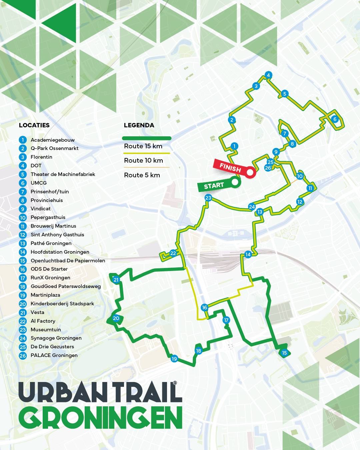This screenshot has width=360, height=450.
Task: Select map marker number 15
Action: [x=284, y=353]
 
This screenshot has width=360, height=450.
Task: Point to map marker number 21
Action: [x=116, y=280]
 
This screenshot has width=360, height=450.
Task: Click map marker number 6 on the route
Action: [x=335, y=119]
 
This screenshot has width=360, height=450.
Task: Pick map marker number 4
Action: [x=268, y=75]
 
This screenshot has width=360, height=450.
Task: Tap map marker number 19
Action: [x=174, y=359]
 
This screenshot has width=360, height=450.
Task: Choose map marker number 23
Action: [x=208, y=198]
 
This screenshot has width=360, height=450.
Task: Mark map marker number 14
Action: [x=248, y=255]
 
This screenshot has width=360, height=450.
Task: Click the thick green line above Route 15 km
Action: [x=147, y=138]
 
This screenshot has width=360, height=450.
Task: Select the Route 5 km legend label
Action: [x=142, y=175]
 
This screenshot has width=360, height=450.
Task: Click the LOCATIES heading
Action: [x=34, y=125]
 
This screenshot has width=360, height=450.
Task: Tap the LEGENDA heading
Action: [x=139, y=125]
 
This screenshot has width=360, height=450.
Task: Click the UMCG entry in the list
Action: [x=39, y=183]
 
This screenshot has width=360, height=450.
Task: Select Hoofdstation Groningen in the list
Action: [x=60, y=252]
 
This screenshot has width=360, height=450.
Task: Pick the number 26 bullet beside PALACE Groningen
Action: [x=23, y=355]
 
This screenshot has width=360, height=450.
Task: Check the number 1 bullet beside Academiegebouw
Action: [x=23, y=140]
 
